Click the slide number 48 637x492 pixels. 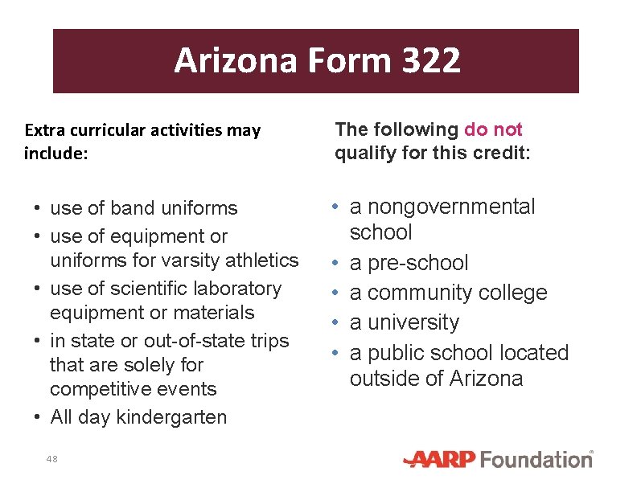pyautogui.click(x=52, y=459)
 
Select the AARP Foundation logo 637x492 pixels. pyautogui.click(x=498, y=460)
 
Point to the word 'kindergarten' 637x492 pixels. pyautogui.click(x=171, y=417)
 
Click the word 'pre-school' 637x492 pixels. pyautogui.click(x=417, y=263)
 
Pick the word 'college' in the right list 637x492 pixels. pyautogui.click(x=509, y=293)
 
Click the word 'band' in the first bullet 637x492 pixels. pyautogui.click(x=130, y=208)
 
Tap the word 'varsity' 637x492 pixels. pyautogui.click(x=189, y=260)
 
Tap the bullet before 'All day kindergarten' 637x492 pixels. pyautogui.click(x=39, y=417)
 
